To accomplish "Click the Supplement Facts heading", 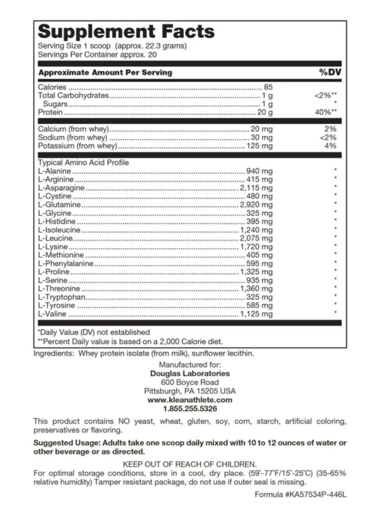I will click(x=126, y=32).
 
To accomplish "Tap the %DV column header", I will click(x=330, y=72).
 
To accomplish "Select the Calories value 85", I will click(x=268, y=87).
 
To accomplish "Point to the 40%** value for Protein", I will click(x=325, y=112).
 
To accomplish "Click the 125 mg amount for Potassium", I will click(x=259, y=146).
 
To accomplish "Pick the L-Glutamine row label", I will click(x=59, y=205).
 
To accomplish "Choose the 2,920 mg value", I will click(x=256, y=205).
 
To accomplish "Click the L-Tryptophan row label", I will click(x=62, y=297).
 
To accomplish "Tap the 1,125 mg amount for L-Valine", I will click(x=256, y=314).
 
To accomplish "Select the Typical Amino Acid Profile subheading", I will click(x=83, y=163).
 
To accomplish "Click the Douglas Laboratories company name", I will click(x=190, y=373).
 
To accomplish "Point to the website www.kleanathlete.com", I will click(x=190, y=400).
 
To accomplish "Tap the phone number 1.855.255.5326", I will click(x=190, y=409).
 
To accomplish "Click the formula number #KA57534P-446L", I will click(x=317, y=495).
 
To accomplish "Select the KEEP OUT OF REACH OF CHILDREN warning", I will click(x=190, y=464).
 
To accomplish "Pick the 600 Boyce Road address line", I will click(x=190, y=382).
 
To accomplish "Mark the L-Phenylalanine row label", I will click(x=66, y=264).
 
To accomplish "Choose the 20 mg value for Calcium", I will click(x=262, y=129).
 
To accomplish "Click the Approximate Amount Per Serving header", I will click(x=105, y=72).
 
